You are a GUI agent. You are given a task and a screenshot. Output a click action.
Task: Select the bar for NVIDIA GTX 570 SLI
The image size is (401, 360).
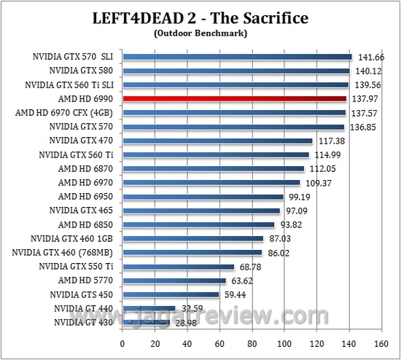pos(237,57)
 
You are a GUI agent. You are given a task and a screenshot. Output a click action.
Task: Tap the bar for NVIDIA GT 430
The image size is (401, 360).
pos(146,321)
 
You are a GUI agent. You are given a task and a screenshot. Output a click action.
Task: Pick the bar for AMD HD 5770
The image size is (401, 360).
pos(174,280)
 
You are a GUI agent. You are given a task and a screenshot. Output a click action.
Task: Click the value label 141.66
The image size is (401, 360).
pos(367,57)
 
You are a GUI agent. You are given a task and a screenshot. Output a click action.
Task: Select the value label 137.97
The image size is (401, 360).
pos(364,98)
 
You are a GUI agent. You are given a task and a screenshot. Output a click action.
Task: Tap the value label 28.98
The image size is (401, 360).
pos(185,321)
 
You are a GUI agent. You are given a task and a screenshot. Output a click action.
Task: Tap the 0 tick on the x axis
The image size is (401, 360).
pos(122,343)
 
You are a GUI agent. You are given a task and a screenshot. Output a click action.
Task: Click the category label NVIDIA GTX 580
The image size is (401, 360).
pos(82,71)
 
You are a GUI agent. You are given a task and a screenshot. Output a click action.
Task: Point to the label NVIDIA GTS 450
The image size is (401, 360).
pos(82,294)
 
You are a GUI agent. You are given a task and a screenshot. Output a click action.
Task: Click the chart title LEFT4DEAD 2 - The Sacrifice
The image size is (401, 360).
pos(200,17)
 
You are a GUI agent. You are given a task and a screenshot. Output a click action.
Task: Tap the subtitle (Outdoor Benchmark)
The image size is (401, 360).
pos(200,33)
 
